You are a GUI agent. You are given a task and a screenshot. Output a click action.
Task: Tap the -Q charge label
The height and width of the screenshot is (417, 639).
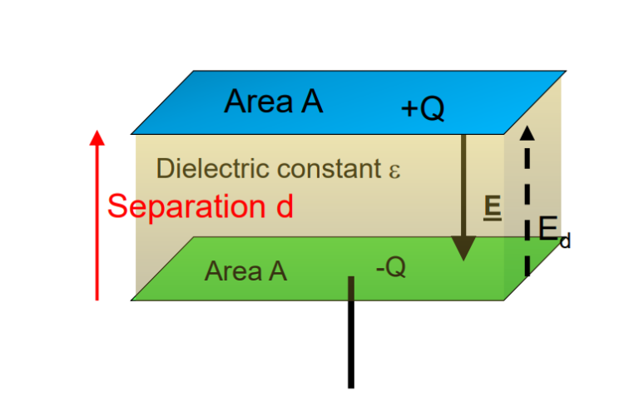(x=389, y=268)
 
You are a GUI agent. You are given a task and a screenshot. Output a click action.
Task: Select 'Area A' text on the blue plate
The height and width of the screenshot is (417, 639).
(x=273, y=102)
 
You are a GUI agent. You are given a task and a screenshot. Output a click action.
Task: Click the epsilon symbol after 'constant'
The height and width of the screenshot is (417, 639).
(x=394, y=171)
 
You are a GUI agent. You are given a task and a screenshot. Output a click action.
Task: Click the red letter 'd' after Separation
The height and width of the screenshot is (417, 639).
(x=284, y=206)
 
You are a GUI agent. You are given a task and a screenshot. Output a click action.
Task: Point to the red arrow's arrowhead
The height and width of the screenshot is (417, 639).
(x=97, y=138)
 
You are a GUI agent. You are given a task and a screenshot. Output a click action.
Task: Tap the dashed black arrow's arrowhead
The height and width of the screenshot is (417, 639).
(x=527, y=132)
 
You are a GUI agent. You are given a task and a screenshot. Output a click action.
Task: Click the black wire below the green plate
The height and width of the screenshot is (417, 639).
(x=351, y=341)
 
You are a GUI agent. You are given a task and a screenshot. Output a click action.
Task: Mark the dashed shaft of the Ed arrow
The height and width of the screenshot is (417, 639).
(x=527, y=208)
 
